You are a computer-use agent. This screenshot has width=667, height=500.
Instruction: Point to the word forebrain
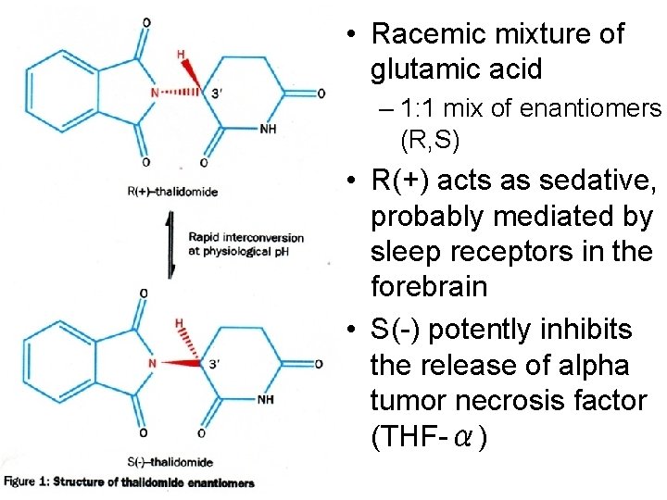(x=428, y=286)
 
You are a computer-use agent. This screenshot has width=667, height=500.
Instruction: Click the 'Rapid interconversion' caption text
(x=245, y=238)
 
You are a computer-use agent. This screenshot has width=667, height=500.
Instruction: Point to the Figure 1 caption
(x=129, y=482)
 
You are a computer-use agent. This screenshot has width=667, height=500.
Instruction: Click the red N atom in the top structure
(x=155, y=92)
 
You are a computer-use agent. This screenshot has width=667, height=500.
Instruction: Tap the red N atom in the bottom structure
(x=152, y=363)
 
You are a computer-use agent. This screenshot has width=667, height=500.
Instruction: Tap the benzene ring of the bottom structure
(x=57, y=363)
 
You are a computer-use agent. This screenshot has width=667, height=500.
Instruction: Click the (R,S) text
(x=431, y=142)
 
